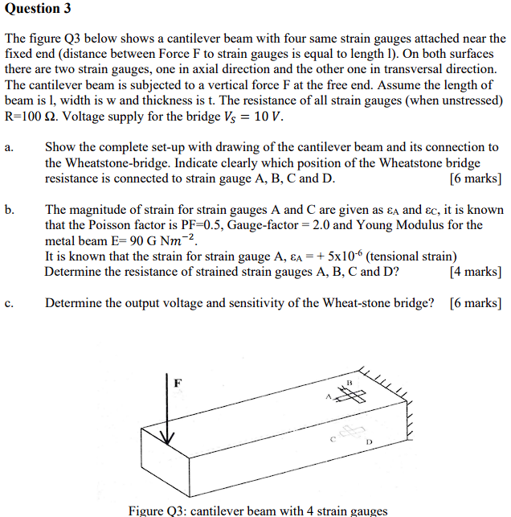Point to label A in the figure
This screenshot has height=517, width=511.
pyautogui.click(x=328, y=396)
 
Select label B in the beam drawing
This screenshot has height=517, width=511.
pyautogui.click(x=350, y=381)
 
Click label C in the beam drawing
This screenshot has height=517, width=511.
pyautogui.click(x=331, y=439)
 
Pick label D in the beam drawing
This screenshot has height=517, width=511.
pyautogui.click(x=370, y=442)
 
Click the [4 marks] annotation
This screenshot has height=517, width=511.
pyautogui.click(x=476, y=272)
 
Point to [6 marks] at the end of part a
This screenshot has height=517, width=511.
pyautogui.click(x=476, y=178)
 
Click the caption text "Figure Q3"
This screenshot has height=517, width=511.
pyautogui.click(x=157, y=510)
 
